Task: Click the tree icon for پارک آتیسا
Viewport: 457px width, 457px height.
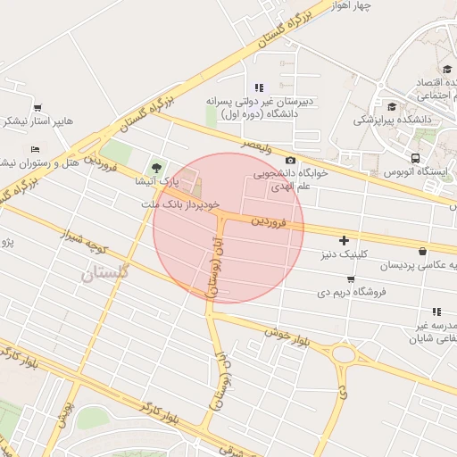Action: pos(158,166)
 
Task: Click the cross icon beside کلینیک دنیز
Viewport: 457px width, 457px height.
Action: pos(345,240)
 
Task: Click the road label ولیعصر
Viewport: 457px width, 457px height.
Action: pos(256,144)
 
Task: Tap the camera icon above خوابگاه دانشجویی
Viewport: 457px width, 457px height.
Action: pos(291,160)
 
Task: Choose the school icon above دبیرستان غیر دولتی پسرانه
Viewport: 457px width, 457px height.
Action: pos(259,87)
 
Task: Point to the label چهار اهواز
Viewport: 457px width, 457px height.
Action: pos(351,6)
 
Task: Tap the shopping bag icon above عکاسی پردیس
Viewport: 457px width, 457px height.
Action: pos(422,251)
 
